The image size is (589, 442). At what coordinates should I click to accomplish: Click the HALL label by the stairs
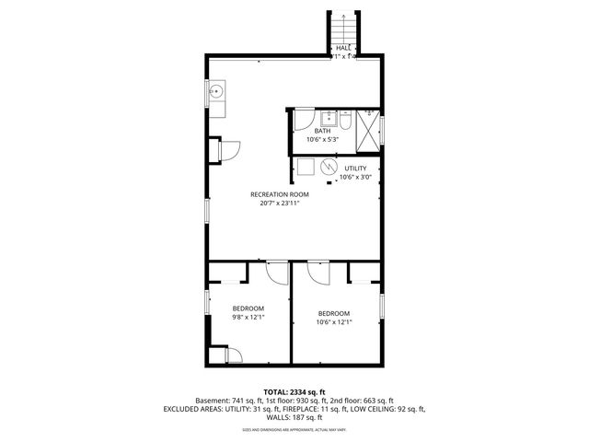tap(343, 48)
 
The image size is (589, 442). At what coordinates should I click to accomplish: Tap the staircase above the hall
tap(342, 25)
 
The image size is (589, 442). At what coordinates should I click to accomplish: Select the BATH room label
tap(322, 131)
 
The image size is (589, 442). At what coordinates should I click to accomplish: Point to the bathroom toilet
tap(343, 120)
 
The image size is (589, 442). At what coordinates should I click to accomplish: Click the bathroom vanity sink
tap(327, 118)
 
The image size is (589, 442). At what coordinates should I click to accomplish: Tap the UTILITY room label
tap(355, 169)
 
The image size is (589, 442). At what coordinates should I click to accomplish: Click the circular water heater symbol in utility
tap(329, 167)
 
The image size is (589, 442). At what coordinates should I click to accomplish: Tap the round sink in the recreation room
tap(217, 91)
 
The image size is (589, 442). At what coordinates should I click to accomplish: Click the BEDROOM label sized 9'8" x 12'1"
tap(248, 308)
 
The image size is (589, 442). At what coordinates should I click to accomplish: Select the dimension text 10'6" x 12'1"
tap(334, 321)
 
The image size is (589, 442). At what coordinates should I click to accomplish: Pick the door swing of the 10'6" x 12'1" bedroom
tap(318, 273)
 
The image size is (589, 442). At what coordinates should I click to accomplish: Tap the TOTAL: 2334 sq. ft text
tap(294, 391)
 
